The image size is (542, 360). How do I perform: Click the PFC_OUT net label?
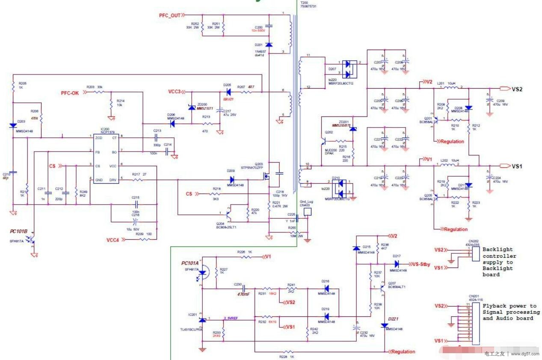pos(169,15)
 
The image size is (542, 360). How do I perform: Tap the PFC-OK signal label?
pos(70,92)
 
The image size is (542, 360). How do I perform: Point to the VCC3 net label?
pos(174,92)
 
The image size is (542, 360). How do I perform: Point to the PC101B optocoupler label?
pos(19,231)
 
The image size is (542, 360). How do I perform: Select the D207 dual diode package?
pos(349,68)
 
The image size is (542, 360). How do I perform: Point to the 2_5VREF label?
pos(231,318)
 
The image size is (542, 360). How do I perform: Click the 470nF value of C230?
pos(243,294)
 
